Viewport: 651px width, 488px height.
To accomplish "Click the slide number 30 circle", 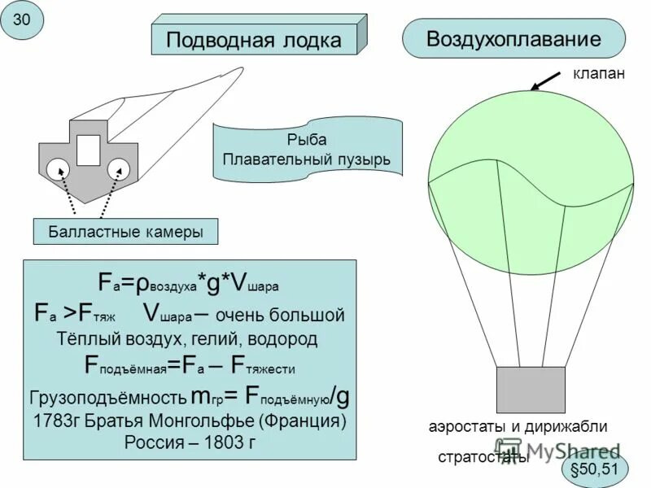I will coord(22,22).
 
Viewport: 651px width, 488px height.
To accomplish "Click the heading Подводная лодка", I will coord(254,39).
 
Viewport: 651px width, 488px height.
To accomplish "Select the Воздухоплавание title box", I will coord(513,38).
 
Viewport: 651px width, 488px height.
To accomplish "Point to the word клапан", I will coord(599,74).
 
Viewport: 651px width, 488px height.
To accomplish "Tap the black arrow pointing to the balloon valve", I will coord(547,81).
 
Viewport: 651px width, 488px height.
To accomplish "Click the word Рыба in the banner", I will coord(306,140).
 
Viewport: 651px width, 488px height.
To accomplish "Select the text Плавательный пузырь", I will coord(307,159).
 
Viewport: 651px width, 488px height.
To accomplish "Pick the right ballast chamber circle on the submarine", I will coord(119,168).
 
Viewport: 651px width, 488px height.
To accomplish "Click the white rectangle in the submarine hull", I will coord(88,150).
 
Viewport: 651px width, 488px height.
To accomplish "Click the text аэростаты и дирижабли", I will coord(518,426).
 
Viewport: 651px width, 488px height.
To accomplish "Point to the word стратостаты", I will coord(483,457).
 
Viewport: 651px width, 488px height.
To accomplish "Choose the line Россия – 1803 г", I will coord(190,443).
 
